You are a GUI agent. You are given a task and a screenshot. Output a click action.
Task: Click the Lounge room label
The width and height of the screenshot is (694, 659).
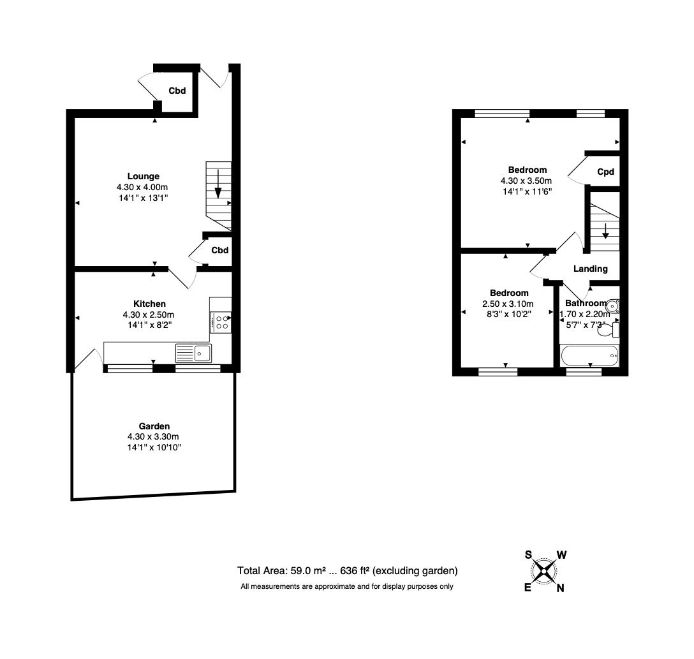(143, 176)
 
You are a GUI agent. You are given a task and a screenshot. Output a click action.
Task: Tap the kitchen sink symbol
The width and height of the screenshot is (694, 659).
(194, 352)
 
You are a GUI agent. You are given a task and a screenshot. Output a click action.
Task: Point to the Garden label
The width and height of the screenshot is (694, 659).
(154, 426)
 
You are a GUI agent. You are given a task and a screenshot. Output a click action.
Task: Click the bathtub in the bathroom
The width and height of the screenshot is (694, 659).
(589, 355)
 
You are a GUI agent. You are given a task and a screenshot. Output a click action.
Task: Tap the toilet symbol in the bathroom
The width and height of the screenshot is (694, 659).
(616, 330)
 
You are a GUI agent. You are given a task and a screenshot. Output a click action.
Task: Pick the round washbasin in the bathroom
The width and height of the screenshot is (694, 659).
(613, 305)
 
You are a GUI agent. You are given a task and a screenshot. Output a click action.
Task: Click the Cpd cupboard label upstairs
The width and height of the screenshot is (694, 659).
(605, 172)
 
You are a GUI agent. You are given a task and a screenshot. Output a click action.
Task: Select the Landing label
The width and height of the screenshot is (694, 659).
(590, 269)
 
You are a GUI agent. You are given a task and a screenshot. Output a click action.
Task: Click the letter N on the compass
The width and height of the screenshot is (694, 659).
(560, 588)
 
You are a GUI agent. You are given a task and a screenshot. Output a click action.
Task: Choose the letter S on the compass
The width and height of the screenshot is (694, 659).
(528, 554)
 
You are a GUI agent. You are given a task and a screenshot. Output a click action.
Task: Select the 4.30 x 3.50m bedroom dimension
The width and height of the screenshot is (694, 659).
(527, 181)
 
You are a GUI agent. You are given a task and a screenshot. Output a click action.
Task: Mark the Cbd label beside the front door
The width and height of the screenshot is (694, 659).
(177, 91)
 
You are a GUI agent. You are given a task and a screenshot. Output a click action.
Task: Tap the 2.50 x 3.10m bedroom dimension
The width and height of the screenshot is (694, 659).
(508, 304)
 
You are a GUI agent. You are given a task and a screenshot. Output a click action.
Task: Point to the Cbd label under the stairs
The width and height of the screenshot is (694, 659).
(220, 250)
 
